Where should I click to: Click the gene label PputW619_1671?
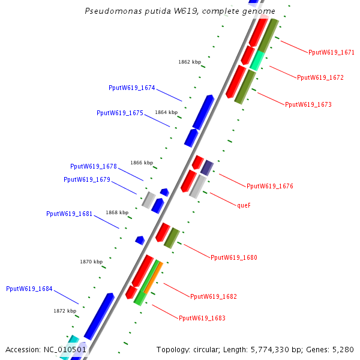[331, 52]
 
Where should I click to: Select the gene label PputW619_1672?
[320, 77]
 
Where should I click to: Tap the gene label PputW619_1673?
[308, 104]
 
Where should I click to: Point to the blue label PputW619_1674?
[132, 88]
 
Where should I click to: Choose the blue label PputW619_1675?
[120, 113]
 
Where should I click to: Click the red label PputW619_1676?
[270, 186]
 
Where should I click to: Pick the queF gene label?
[244, 205]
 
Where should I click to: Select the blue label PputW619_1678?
[94, 166]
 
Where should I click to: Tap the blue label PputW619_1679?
[87, 179]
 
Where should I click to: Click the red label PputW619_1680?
[234, 257]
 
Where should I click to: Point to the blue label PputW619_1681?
[70, 214]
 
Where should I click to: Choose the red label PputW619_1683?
[202, 317]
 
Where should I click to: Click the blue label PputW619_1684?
[29, 289]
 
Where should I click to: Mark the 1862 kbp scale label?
[190, 62]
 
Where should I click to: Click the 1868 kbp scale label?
[117, 212]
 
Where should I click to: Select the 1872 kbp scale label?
[65, 311]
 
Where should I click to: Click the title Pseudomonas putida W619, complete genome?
[180, 11]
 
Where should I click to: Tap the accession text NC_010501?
[46, 349]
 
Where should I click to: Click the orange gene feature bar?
[153, 278]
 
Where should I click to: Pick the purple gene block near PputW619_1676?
[207, 167]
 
